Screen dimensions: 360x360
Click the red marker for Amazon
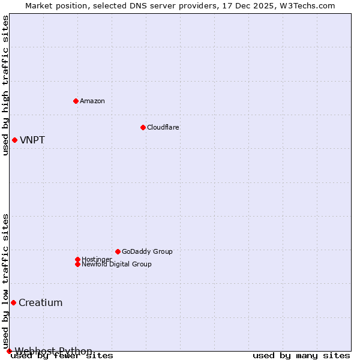pos(76,101)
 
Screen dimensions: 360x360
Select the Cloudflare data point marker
pos(143,127)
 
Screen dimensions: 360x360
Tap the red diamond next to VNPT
pos(14,140)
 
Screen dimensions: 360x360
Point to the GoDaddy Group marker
pos(118,251)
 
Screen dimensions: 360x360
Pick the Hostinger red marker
pos(77,259)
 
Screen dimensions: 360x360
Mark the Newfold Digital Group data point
pos(77,264)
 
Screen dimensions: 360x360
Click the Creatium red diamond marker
pos(13,302)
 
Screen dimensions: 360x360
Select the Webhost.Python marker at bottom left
pos(9,351)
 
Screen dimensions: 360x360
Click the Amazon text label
pos(92,101)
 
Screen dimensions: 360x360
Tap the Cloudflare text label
pos(163,127)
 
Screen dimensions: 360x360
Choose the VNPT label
pos(32,140)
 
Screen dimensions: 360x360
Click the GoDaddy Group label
pos(147,251)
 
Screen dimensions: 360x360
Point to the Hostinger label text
pos(97,259)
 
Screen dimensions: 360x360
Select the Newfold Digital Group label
pos(116,264)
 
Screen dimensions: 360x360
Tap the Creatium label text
pos(40,303)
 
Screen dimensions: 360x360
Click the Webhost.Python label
pos(53,351)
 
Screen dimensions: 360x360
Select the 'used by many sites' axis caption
pos(301,356)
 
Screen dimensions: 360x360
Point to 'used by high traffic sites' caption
pos(6,85)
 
